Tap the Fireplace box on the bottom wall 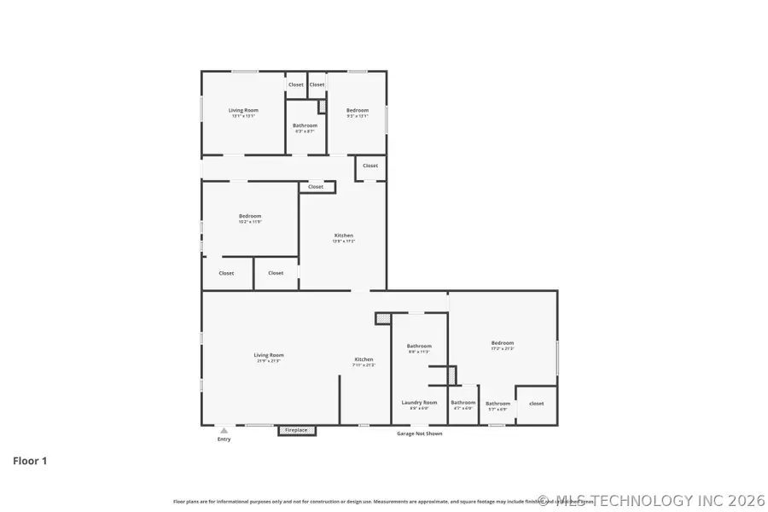point(296,430)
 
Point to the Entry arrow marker point(224,431)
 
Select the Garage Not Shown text point(419,433)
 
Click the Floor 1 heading point(30,461)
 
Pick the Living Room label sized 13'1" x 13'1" point(243,113)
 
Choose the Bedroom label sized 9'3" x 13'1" point(357,113)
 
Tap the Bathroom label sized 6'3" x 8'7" point(305,128)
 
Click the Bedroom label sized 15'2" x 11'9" point(250,218)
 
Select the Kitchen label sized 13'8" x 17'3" point(343,238)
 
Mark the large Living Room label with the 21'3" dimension point(269,358)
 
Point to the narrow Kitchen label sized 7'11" point(364,362)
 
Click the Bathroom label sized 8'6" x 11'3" point(419,348)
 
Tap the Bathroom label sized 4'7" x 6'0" point(463,404)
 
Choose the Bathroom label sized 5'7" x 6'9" point(497,405)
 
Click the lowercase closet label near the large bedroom point(537,403)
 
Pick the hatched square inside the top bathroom point(322,107)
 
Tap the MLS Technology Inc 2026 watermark point(652,500)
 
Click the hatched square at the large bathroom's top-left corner point(383,318)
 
